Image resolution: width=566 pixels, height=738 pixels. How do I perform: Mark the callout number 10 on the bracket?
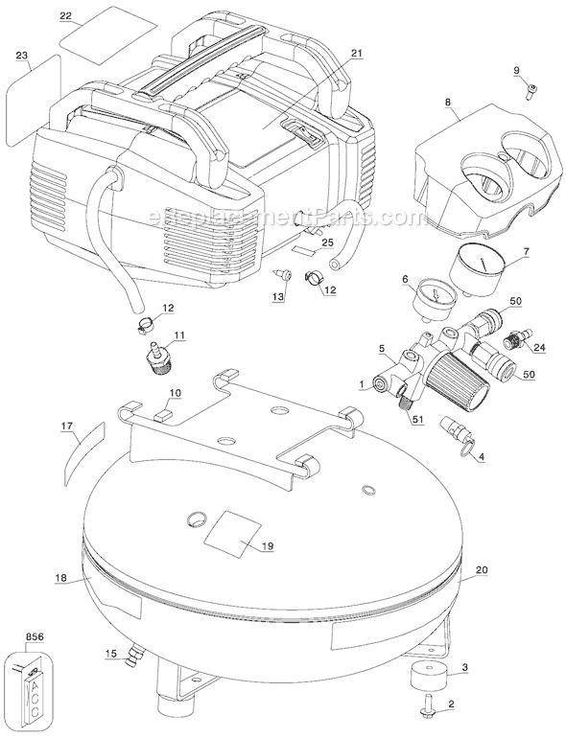(175, 393)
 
